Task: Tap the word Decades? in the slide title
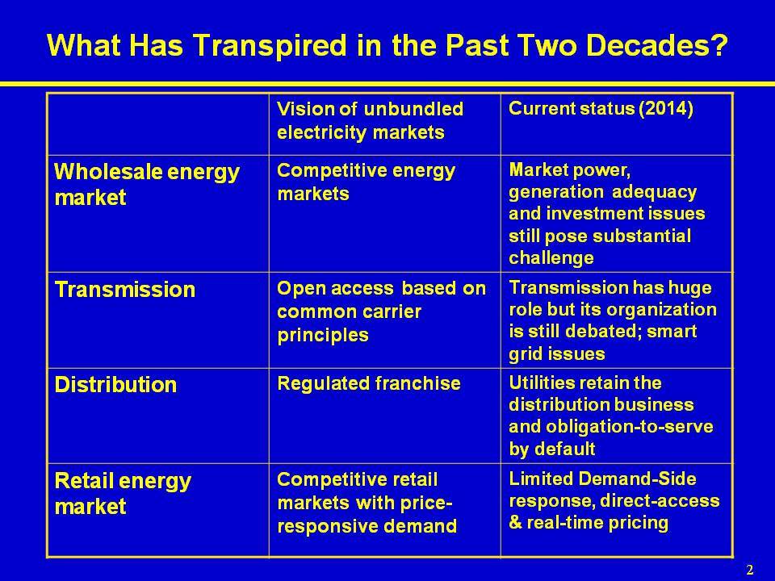coord(657,45)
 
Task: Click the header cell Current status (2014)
coord(601,108)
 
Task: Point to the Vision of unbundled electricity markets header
coord(371,120)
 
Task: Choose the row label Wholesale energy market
coord(147,184)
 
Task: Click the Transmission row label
coord(125,290)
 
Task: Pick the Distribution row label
coord(115,385)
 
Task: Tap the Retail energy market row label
coord(123,493)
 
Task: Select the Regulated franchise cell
coord(369,383)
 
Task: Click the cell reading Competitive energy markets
coord(367,182)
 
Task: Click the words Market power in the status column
coord(569,170)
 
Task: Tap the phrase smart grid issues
coord(602,342)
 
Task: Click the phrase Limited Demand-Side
coord(602,479)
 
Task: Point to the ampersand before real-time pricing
coord(515,523)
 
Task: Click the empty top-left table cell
coord(158,124)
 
